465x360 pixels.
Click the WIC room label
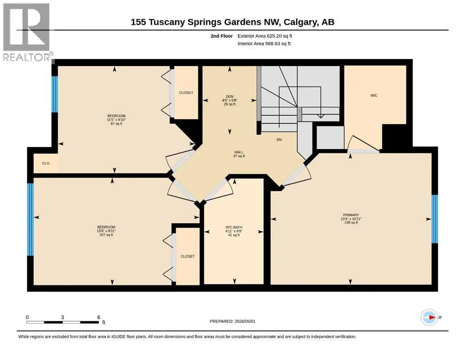pyautogui.click(x=374, y=95)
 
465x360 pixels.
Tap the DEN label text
pyautogui.click(x=229, y=97)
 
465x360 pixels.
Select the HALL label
pyautogui.click(x=239, y=152)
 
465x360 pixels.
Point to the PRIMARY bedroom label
pyautogui.click(x=351, y=215)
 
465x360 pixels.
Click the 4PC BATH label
pyautogui.click(x=234, y=227)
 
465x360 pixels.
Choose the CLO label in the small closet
pyautogui.click(x=46, y=163)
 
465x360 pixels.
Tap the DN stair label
pyautogui.click(x=279, y=140)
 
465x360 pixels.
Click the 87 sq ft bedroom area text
pyautogui.click(x=116, y=123)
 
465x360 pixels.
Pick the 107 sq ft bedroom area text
pyautogui.click(x=106, y=235)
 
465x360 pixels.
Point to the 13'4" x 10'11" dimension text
pyautogui.click(x=351, y=219)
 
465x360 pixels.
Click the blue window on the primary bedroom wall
pyautogui.click(x=435, y=219)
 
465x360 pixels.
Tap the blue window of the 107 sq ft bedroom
pyautogui.click(x=30, y=219)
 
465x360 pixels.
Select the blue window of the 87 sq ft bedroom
pyautogui.click(x=55, y=94)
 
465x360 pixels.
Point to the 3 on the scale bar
pyautogui.click(x=63, y=317)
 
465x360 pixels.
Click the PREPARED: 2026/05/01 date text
pyautogui.click(x=232, y=321)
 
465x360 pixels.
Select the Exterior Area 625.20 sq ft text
pyautogui.click(x=265, y=36)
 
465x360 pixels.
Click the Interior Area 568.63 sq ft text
pyautogui.click(x=264, y=43)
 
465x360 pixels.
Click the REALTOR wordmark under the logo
pyautogui.click(x=27, y=57)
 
